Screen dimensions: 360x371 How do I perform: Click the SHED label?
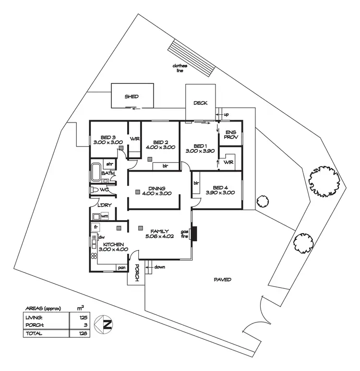coord(132,97)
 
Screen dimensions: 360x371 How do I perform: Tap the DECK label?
coord(200,103)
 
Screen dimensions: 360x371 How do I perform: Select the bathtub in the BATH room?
coord(96,172)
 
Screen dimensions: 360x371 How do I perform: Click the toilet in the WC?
coord(94,190)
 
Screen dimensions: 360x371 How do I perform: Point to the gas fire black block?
coord(194,234)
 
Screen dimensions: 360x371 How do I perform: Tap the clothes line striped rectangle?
coord(192,58)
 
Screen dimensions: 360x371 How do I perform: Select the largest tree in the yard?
coord(324,182)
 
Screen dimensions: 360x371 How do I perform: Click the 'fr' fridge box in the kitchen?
coord(96,227)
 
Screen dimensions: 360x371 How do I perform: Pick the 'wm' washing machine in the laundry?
coord(105,216)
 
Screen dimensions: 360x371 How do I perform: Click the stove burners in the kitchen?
coord(94,256)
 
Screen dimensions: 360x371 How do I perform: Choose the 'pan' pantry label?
coord(122,268)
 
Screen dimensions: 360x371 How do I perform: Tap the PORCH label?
coord(137,273)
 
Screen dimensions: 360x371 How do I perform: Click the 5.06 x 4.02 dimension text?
coord(159,236)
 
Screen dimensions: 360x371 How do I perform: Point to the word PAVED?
coord(222,280)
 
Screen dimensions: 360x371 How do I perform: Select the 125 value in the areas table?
coord(84,317)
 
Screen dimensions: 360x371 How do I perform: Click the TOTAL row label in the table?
coord(34,334)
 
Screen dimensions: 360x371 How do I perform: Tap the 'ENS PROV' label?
coord(231,135)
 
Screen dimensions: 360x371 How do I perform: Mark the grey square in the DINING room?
coord(138,192)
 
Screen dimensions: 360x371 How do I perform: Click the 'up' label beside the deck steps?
coord(226,115)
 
